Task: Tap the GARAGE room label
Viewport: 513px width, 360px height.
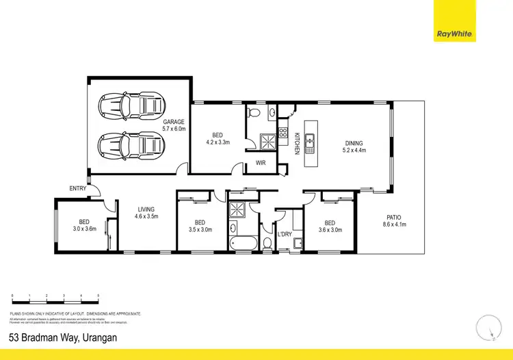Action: pos(174,122)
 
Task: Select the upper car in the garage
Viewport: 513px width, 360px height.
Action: pos(133,107)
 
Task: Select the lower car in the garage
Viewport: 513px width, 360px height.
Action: pos(133,145)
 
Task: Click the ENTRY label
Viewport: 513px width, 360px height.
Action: pos(77,188)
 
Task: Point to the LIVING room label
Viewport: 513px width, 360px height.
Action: pos(146,209)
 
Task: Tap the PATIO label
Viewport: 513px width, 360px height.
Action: pos(393,216)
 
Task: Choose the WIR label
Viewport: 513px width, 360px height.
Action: pos(260,163)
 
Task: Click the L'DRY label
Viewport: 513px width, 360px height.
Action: pos(284,235)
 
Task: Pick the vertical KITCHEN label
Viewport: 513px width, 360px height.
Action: pos(297,143)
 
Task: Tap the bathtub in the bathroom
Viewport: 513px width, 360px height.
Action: pos(244,243)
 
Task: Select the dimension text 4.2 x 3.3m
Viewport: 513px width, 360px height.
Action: pos(218,142)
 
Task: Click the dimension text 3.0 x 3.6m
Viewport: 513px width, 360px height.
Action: pos(83,229)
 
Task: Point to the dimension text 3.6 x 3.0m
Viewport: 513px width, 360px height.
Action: pos(330,230)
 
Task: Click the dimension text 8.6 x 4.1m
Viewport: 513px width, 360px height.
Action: pos(393,224)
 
